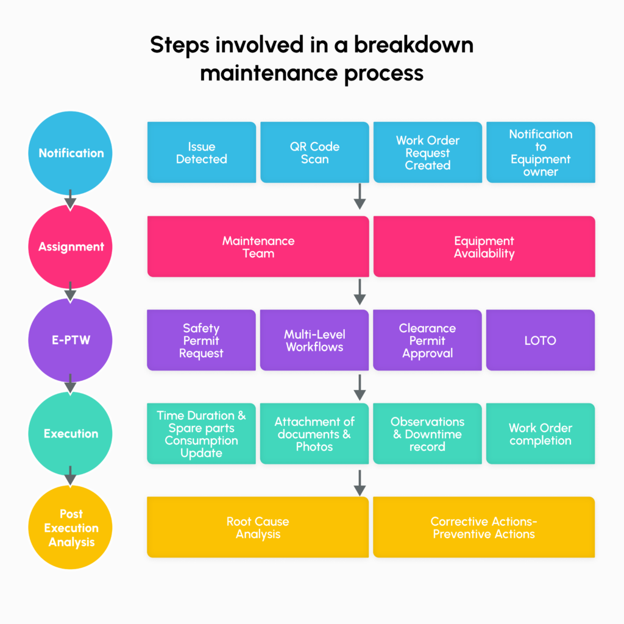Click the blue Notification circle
71,153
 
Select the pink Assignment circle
71,247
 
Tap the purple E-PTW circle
71,340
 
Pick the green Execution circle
71,434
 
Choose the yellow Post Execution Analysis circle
71,528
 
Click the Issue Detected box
201,152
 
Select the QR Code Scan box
314,152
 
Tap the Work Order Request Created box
427,152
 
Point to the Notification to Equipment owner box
541,152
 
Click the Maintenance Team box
258,247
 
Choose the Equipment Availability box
484,247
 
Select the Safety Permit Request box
201,340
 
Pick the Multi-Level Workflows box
314,340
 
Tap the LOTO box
541,340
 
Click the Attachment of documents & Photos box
314,434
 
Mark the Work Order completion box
541,434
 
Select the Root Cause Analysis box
258,528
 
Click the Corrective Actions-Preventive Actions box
484,528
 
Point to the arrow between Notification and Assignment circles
71,199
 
